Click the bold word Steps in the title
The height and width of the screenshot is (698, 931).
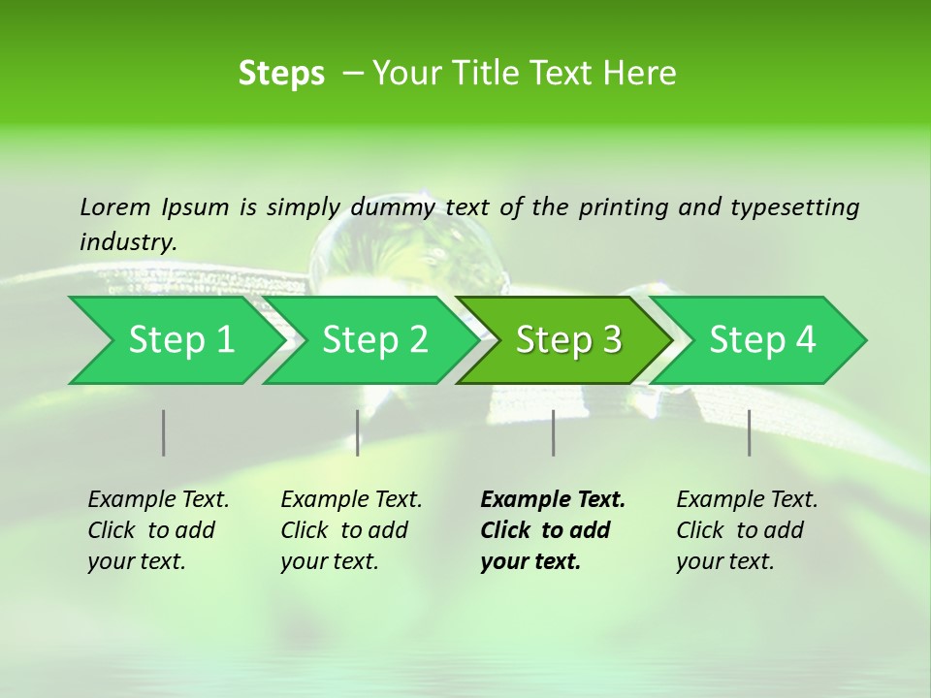click(x=281, y=74)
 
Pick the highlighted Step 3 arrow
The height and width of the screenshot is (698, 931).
click(x=568, y=340)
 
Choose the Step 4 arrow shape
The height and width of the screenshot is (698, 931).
click(x=762, y=340)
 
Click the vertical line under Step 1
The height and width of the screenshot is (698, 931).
click(x=164, y=432)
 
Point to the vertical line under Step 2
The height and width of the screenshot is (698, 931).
click(x=358, y=432)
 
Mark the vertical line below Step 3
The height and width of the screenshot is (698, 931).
click(x=554, y=432)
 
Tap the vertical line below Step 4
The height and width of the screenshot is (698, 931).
click(x=750, y=432)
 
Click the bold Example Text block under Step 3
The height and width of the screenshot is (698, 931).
click(x=553, y=530)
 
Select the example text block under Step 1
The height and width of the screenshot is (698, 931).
click(x=158, y=530)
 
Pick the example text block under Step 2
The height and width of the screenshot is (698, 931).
click(x=351, y=530)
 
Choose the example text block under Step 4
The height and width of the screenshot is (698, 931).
click(x=747, y=530)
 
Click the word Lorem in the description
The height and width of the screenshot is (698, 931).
click(x=115, y=206)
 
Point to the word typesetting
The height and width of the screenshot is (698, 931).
click(x=795, y=206)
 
